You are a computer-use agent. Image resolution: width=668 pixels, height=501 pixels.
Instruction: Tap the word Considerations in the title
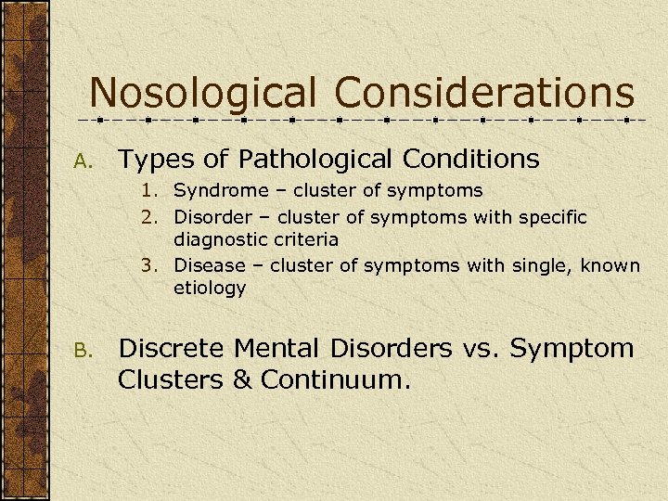coord(484,94)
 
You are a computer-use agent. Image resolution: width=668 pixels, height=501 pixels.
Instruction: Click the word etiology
coord(210,289)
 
